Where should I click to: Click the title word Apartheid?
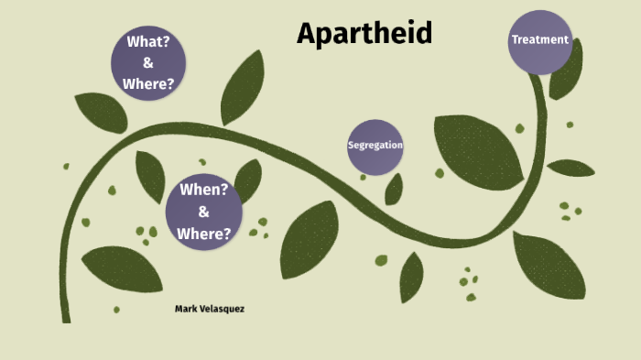coord(364,34)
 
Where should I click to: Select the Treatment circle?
coord(540,41)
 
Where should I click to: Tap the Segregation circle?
coord(375,147)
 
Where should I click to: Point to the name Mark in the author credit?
coord(187,309)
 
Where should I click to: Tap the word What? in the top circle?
coord(148,42)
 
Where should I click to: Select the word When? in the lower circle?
coord(203,191)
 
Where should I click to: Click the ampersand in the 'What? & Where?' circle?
coord(148,63)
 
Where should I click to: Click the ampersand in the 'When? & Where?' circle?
coord(203,213)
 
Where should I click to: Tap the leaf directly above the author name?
coord(123,267)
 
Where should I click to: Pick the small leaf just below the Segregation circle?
coord(394,190)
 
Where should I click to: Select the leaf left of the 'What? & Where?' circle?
coord(101,112)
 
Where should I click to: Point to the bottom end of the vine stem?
coord(65,317)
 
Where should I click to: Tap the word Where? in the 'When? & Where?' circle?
coord(203,234)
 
